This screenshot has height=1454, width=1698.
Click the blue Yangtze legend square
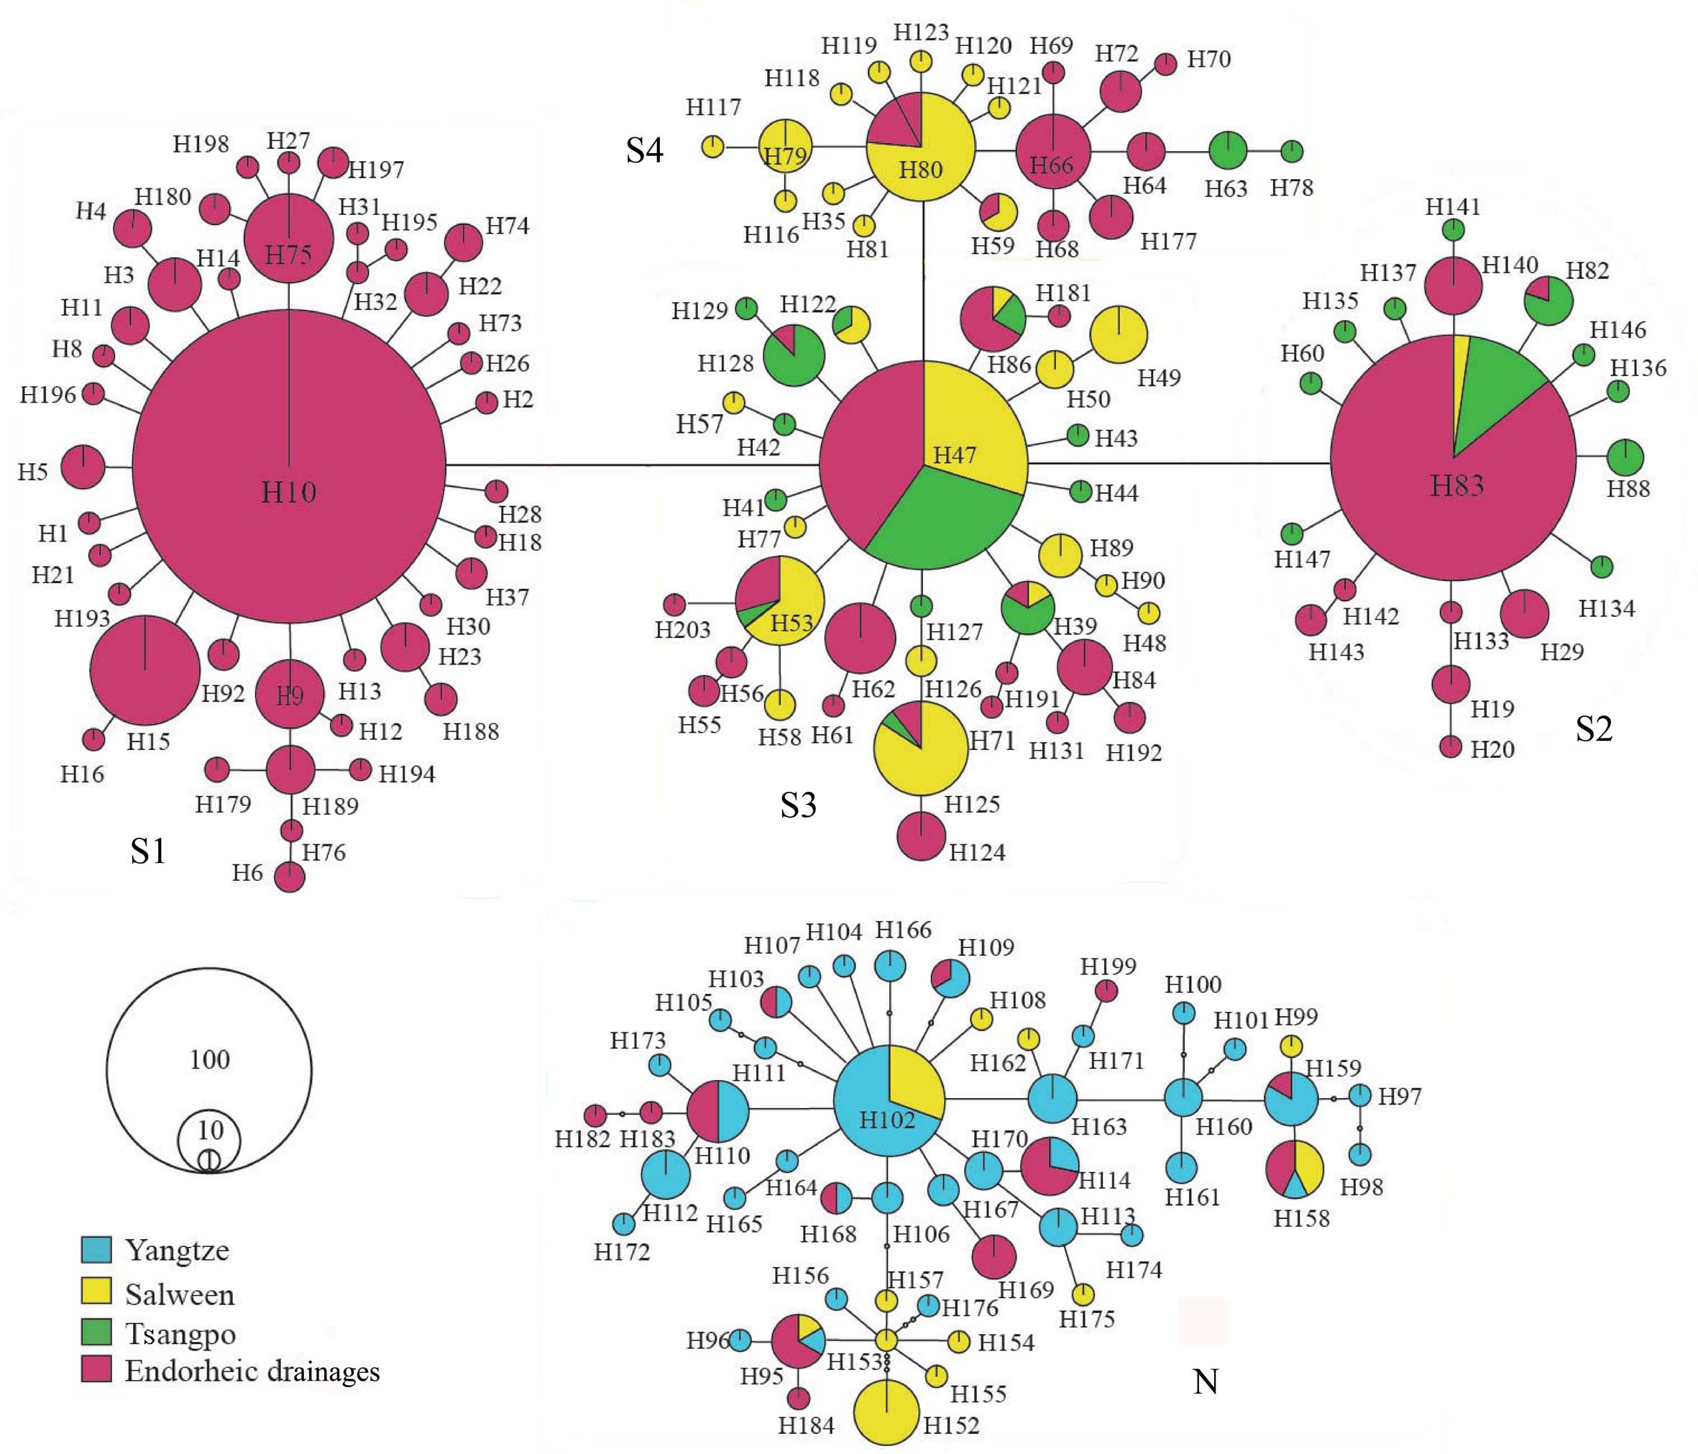point(96,1250)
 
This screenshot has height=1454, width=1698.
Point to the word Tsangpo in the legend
point(180,1333)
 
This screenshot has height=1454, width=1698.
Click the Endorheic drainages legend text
point(252,1371)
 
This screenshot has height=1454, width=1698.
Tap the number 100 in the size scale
point(210,1060)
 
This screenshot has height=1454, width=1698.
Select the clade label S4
point(644,150)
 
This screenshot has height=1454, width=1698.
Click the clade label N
point(1206,1382)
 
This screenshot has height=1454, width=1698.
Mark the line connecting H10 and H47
point(631,465)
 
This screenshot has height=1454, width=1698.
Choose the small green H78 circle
point(1292,151)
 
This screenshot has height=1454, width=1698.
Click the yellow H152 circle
point(886,1412)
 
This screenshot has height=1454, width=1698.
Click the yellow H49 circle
point(1119,334)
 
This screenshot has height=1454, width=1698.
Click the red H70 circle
point(1165,64)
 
